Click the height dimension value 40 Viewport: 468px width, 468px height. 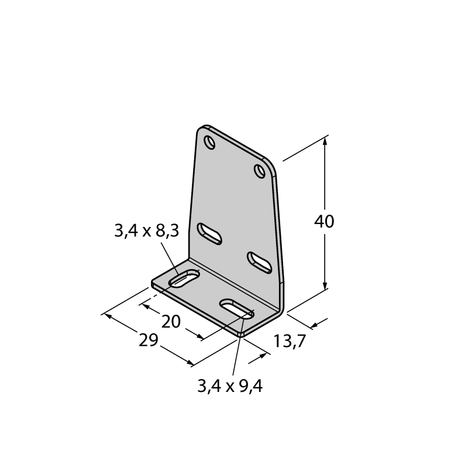[x=324, y=221]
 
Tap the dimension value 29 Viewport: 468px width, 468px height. [x=149, y=340]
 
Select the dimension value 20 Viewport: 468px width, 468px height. [x=171, y=321]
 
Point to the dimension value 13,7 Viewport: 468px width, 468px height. [x=290, y=341]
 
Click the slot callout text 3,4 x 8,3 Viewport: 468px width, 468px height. [x=147, y=230]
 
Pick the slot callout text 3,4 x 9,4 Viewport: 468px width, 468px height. [x=230, y=386]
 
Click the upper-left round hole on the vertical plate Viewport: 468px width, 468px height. [x=209, y=142]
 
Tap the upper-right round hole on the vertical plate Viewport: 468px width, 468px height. [x=260, y=171]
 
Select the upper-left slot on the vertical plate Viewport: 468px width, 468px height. [x=209, y=233]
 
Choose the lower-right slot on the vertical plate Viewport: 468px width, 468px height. [x=260, y=263]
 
